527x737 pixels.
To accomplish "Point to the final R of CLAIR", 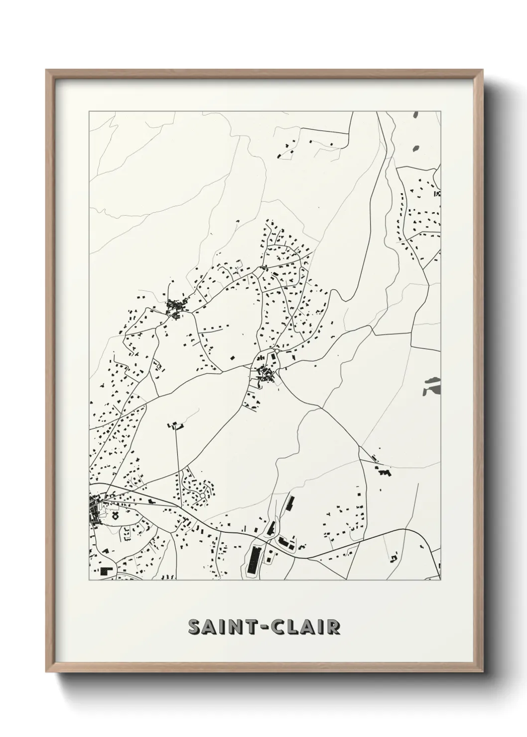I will point(334,627).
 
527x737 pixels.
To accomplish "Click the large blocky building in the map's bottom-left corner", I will point(106,572).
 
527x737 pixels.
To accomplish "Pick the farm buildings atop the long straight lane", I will point(176,425).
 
